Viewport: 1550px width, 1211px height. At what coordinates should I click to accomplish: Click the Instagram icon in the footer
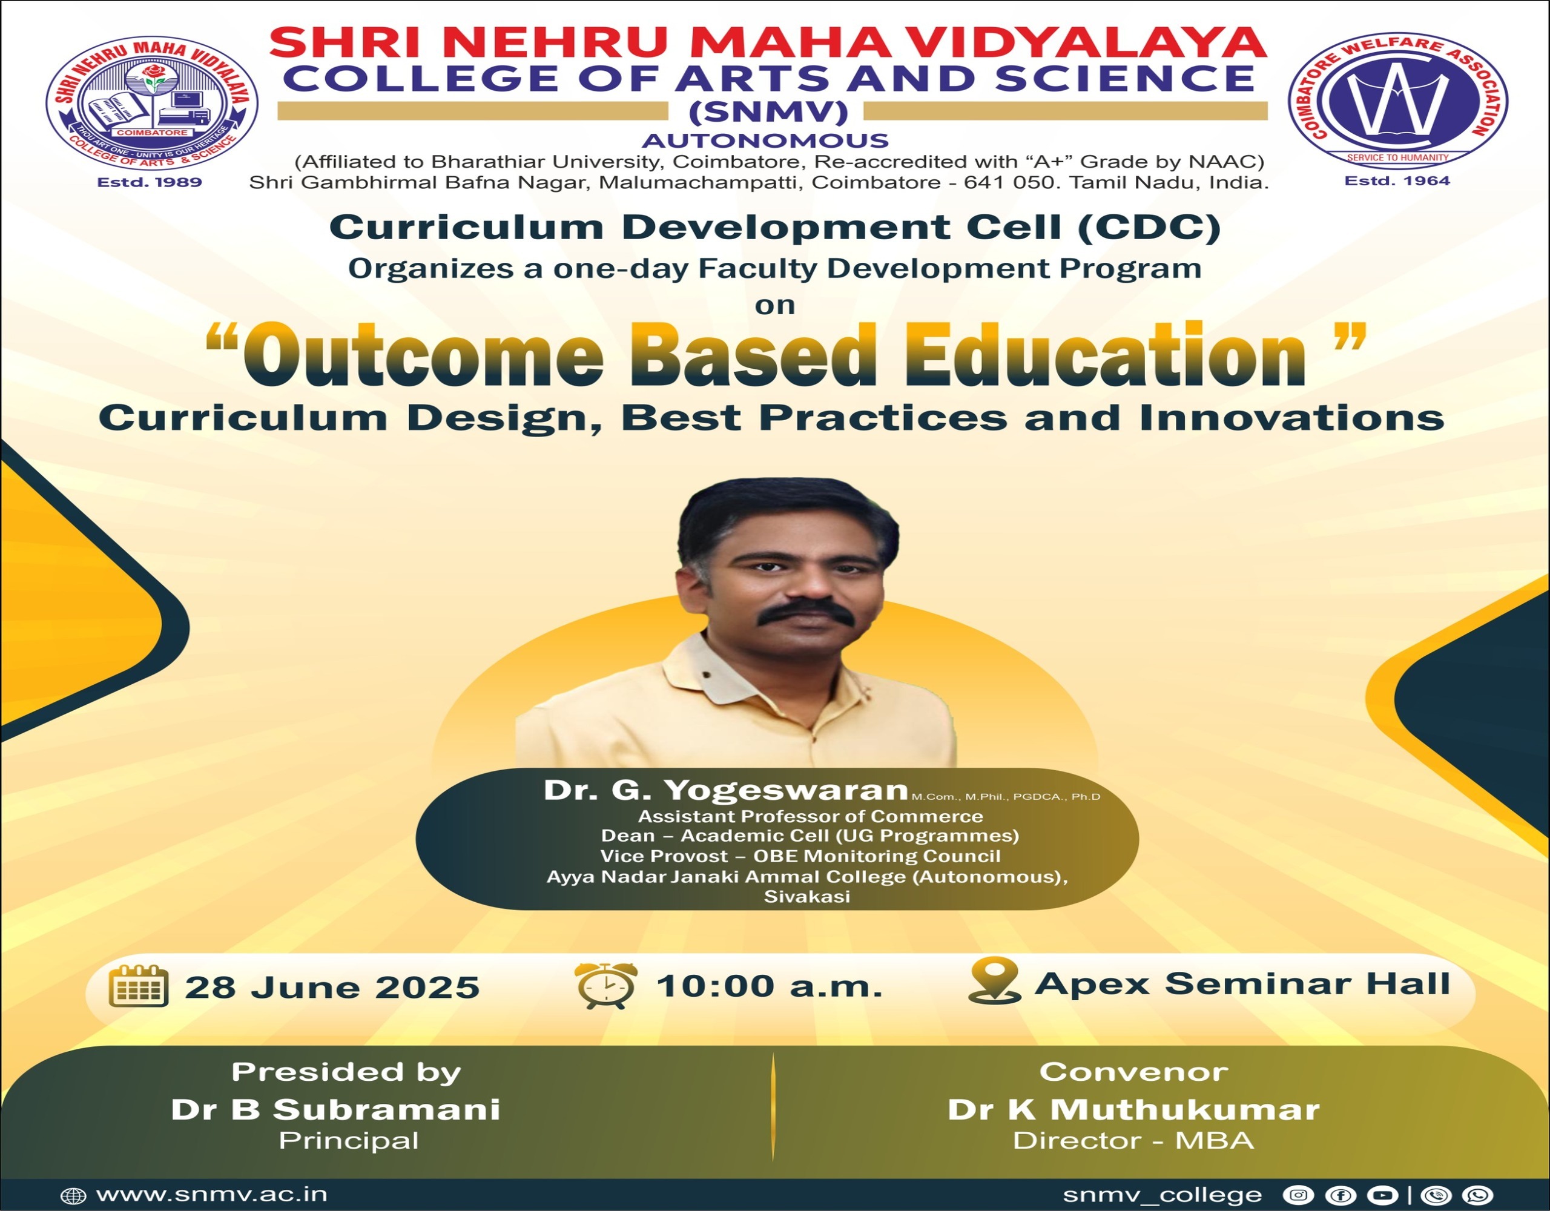[1298, 1195]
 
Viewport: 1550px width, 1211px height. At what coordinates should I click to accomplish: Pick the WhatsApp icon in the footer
[1480, 1195]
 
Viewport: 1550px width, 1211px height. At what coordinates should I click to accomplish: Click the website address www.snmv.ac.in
[211, 1195]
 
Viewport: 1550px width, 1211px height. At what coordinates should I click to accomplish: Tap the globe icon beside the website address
[73, 1196]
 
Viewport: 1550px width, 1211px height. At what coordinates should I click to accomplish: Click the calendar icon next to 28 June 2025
[139, 987]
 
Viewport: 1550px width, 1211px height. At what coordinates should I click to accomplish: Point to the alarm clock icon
[605, 986]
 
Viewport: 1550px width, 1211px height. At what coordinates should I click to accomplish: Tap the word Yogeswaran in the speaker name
[787, 791]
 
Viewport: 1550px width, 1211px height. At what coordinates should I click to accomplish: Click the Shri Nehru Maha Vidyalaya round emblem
[152, 104]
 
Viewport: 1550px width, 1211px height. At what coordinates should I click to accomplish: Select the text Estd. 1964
[1397, 181]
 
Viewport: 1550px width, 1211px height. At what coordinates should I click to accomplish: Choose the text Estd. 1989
[150, 182]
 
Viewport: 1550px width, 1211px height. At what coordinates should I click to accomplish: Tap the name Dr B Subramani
[335, 1109]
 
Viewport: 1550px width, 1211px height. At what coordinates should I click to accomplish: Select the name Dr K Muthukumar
[1133, 1109]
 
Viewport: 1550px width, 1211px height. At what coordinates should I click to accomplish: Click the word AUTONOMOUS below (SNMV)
[765, 140]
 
